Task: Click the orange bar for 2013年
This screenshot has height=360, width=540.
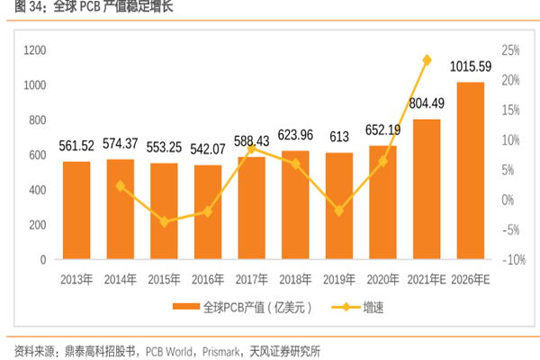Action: click(76, 211)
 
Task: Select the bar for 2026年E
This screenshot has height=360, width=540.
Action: click(471, 171)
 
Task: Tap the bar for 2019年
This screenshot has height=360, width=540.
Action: click(339, 206)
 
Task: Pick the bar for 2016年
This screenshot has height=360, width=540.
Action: click(208, 212)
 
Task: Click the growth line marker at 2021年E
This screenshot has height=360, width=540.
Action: click(427, 59)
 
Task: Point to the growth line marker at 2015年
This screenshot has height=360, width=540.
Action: click(164, 220)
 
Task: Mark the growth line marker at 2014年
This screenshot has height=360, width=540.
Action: click(121, 185)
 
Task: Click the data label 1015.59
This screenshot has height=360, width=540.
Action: click(470, 67)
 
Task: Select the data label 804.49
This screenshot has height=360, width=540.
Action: click(427, 103)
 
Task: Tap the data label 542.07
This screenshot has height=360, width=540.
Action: click(208, 148)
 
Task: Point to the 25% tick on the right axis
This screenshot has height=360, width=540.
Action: click(511, 50)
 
